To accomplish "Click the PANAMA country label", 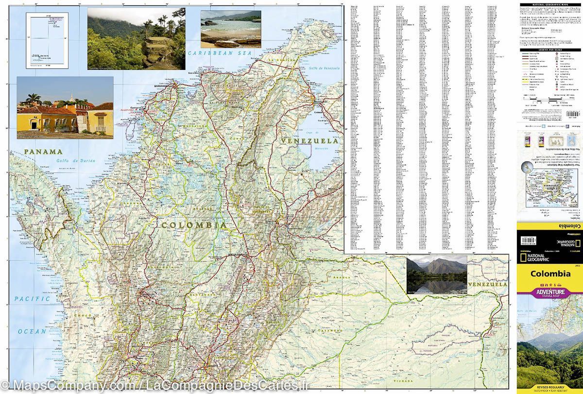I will click(43, 152).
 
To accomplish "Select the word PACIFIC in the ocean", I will click(32, 299).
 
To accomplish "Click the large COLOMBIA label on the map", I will click(194, 225).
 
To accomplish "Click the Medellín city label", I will click(146, 294).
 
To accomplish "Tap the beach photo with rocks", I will click(231, 29).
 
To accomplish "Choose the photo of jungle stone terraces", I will click(137, 38).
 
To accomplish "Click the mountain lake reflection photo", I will click(437, 275).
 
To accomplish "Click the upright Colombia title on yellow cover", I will click(550, 274).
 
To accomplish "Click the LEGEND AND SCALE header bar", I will click(550, 50).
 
